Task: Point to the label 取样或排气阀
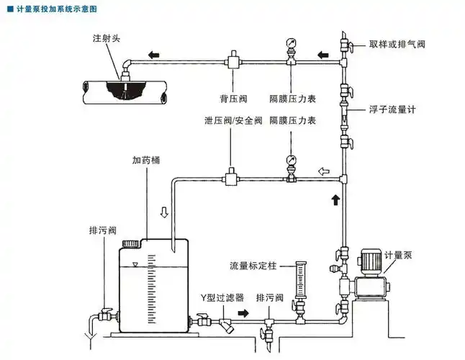click(x=397, y=44)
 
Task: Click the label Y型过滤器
click(x=222, y=297)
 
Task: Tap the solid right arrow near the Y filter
click(x=245, y=314)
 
